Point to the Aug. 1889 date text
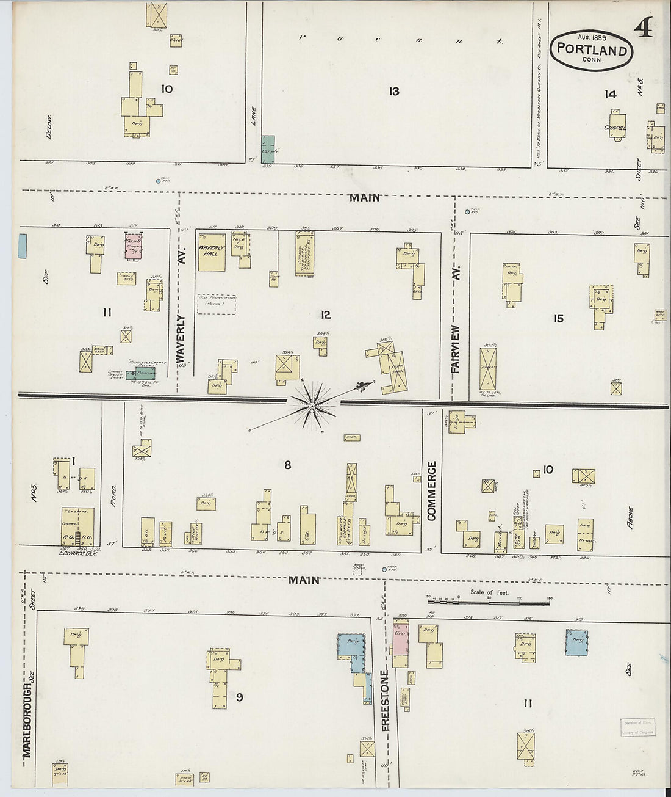coord(589,37)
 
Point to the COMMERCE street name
coord(432,491)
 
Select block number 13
coord(394,91)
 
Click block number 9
coord(239,697)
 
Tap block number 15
coord(558,318)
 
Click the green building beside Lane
coord(268,149)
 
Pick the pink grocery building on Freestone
coord(401,644)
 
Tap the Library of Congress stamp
coord(637,727)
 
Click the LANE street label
coord(254,116)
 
